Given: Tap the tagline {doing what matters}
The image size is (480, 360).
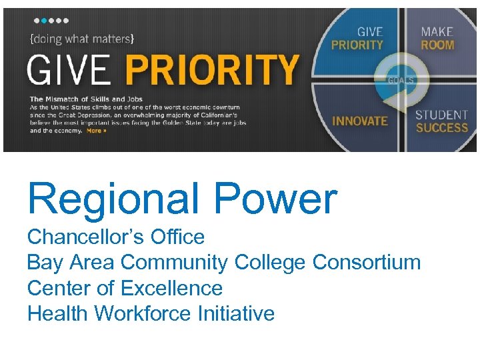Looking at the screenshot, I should (82, 39).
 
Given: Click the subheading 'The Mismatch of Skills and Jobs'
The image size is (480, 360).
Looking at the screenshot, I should (86, 99).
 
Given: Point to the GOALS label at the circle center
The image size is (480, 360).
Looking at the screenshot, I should (401, 81).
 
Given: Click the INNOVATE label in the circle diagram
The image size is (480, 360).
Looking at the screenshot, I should (359, 121).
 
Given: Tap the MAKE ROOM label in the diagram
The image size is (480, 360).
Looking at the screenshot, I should (437, 39).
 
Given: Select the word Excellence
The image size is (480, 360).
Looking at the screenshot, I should (171, 288).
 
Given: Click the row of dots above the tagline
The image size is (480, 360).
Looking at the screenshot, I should (51, 21).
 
